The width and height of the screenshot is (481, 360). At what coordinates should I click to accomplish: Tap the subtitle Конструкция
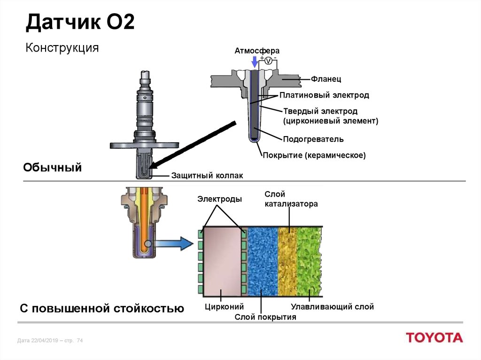pos(62,47)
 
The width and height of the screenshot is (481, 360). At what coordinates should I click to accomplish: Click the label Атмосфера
pos(257,51)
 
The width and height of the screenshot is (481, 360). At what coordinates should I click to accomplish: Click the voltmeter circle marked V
pos(268,61)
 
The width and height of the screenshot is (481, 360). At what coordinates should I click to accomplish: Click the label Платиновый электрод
pos(324,95)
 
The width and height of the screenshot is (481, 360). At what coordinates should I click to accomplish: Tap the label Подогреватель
pos(313,139)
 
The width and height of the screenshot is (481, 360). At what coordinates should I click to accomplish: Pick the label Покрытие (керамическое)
pos(314,155)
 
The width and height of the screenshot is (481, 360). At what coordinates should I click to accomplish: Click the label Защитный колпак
pos(207,175)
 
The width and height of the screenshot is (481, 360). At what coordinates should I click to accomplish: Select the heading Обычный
pos(53,167)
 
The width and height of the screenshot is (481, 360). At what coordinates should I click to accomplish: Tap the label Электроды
pos(219,199)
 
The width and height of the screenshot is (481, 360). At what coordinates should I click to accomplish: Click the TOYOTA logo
pos(434,337)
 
